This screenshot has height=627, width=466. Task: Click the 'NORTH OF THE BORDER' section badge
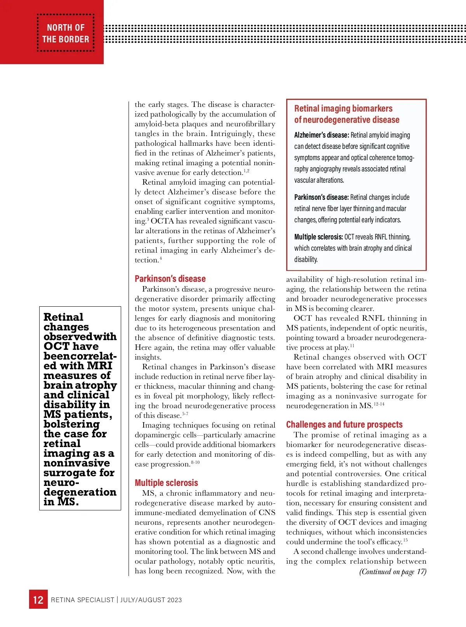click(66, 33)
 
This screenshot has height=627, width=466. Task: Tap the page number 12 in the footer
click(38, 600)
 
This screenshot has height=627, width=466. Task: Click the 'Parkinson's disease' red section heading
click(170, 279)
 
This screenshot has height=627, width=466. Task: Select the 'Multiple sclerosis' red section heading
click(166, 483)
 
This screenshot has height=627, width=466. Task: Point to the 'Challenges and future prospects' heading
click(344, 424)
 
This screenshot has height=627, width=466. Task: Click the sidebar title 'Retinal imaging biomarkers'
click(343, 108)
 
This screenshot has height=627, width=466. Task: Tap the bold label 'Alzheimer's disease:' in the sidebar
click(322, 135)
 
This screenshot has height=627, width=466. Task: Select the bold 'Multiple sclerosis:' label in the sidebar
click(318, 237)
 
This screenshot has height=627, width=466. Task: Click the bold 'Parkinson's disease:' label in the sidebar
click(322, 197)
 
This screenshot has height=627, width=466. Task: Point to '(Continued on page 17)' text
click(393, 572)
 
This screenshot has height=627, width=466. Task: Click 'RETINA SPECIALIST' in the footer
click(83, 600)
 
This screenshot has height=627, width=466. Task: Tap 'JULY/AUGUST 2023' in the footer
click(151, 600)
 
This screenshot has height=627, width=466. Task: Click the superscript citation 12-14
click(379, 404)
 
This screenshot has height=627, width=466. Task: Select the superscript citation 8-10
click(195, 463)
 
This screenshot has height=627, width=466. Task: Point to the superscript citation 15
click(405, 540)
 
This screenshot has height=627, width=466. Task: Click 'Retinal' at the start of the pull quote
click(63, 317)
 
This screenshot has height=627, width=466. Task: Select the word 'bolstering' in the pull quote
click(71, 424)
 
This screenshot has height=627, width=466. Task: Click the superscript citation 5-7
click(185, 414)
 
